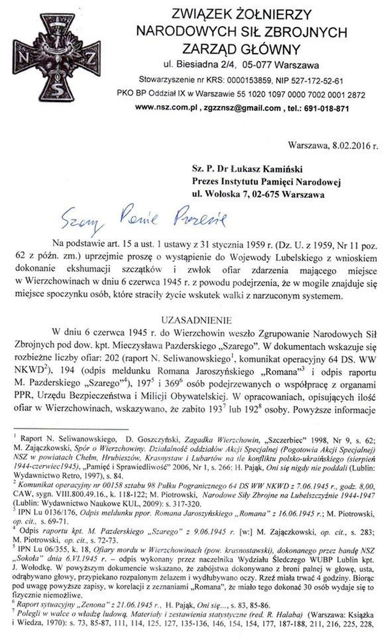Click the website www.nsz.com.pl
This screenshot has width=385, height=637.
(x=167, y=108)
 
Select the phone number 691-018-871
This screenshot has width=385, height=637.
(x=326, y=108)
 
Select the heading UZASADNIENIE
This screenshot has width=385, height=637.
(x=196, y=320)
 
